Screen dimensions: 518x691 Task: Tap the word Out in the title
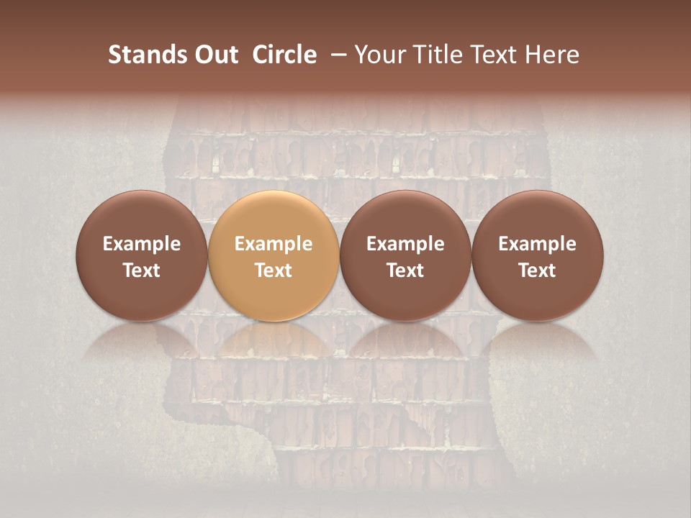(214, 55)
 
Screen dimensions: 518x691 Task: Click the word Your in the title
(379, 55)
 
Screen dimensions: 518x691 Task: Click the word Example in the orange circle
(274, 244)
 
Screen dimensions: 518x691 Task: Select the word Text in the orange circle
(274, 271)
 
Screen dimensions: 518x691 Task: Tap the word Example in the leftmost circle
(142, 244)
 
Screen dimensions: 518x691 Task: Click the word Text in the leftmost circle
(142, 271)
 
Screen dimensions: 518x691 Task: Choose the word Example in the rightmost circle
(538, 244)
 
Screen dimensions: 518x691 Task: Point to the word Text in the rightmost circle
(538, 271)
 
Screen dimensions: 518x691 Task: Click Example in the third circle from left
(405, 244)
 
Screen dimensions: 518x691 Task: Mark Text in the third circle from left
(405, 271)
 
